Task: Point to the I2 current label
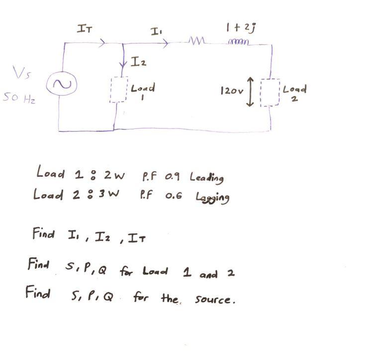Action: pos(139,62)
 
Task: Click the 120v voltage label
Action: pos(232,92)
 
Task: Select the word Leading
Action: pos(206,177)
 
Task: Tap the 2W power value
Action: pos(114,175)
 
